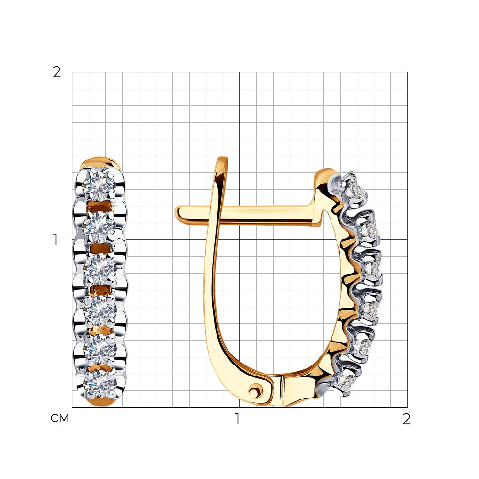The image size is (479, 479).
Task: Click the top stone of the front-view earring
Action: [99, 185]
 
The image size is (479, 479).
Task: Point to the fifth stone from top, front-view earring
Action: [101, 351]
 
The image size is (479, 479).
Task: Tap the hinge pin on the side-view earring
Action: [254, 391]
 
